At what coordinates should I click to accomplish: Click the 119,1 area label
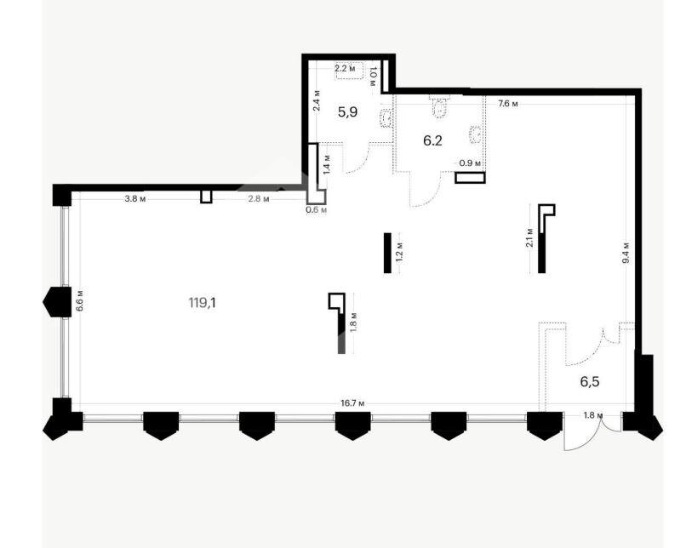pyautogui.click(x=202, y=303)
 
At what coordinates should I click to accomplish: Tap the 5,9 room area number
pyautogui.click(x=348, y=112)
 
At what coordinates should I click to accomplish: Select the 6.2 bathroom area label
pyautogui.click(x=432, y=140)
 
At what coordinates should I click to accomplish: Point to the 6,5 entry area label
pyautogui.click(x=590, y=382)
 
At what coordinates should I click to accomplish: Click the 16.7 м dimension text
pyautogui.click(x=352, y=403)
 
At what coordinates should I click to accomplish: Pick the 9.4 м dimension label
pyautogui.click(x=626, y=253)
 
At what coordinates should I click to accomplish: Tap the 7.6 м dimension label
pyautogui.click(x=508, y=104)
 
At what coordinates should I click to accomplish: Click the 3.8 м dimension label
pyautogui.click(x=135, y=198)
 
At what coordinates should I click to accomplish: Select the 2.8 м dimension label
pyautogui.click(x=259, y=198)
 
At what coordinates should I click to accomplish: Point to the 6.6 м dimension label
pyautogui.click(x=80, y=300)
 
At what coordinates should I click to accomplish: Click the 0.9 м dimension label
pyautogui.click(x=470, y=163)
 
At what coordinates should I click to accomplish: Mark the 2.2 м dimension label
pyautogui.click(x=344, y=68)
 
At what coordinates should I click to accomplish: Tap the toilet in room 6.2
pyautogui.click(x=439, y=106)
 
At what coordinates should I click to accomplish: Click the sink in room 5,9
pyautogui.click(x=386, y=117)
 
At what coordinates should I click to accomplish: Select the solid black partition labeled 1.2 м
pyautogui.click(x=387, y=253)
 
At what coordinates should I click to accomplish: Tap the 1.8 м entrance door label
pyautogui.click(x=592, y=414)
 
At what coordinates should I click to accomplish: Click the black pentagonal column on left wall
pyautogui.click(x=57, y=302)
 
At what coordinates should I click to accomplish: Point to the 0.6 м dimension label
pyautogui.click(x=317, y=210)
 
